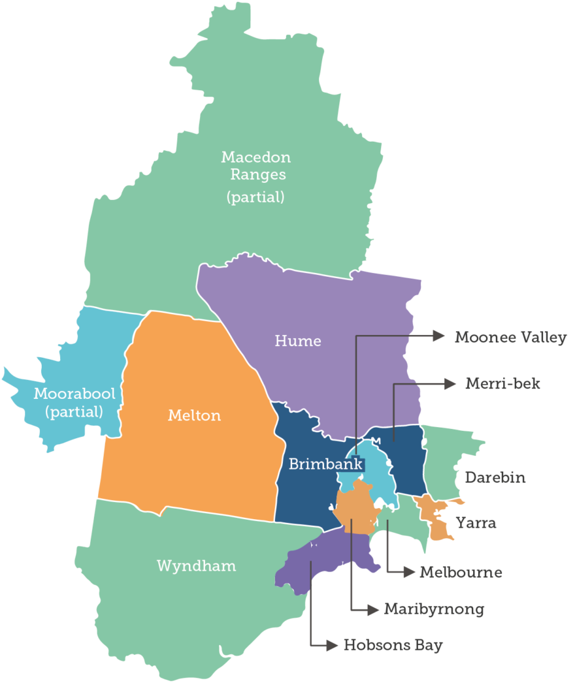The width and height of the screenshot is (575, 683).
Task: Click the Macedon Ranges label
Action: click(255, 166)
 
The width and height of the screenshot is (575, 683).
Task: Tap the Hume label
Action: click(298, 341)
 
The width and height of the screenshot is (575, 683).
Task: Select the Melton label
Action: click(194, 415)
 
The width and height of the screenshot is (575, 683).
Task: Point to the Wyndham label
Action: click(196, 565)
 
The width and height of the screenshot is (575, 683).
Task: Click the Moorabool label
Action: click(74, 394)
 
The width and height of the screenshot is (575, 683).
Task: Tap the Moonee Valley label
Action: click(510, 338)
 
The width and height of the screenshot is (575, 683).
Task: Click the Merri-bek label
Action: click(502, 383)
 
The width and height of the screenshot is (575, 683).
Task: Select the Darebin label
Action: click(495, 477)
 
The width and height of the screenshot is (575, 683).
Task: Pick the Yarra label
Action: click(476, 523)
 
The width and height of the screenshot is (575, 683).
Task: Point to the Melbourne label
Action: click(461, 573)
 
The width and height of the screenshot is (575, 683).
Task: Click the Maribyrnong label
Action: click(434, 610)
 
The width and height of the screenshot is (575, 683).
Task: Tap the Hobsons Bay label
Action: click(393, 646)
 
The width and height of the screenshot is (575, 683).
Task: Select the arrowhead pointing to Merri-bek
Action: click(450, 384)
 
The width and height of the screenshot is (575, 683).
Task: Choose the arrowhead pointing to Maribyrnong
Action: click(373, 610)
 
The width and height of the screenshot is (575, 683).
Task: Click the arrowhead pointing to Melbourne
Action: click(410, 573)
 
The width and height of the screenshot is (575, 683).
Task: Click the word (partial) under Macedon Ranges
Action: click(255, 197)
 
